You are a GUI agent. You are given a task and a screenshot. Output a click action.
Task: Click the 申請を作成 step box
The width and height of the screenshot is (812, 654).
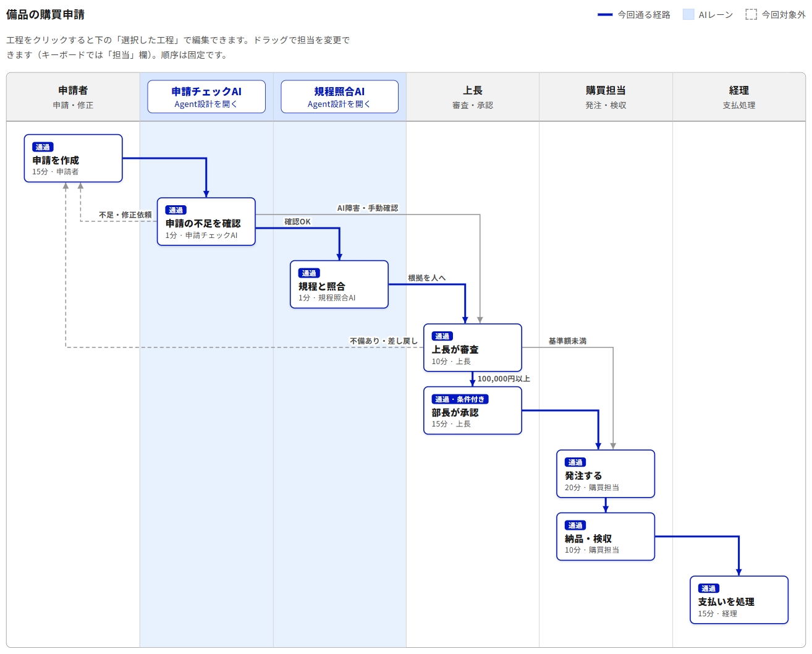[73, 158]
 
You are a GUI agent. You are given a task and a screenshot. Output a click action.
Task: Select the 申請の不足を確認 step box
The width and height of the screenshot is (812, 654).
[206, 221]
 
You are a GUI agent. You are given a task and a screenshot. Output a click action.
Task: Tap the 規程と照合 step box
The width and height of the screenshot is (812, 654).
[339, 284]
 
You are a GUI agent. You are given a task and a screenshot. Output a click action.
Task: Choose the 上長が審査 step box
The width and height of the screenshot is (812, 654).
[472, 347]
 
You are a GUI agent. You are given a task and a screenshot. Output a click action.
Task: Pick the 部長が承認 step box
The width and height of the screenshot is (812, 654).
[472, 410]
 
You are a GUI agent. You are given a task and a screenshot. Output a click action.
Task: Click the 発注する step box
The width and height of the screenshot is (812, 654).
[606, 474]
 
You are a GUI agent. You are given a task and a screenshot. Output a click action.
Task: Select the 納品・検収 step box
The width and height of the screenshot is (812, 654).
[606, 537]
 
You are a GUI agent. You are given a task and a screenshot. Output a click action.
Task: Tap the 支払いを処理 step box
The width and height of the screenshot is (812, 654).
[739, 600]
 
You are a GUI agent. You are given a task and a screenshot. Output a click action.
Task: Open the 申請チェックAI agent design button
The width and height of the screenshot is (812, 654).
[206, 96]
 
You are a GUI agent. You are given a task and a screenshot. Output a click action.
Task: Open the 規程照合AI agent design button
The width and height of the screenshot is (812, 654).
[340, 96]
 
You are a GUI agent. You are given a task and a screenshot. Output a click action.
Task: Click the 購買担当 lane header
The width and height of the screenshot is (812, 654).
[606, 97]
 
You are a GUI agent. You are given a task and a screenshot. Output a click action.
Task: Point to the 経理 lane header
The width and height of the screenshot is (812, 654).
[739, 97]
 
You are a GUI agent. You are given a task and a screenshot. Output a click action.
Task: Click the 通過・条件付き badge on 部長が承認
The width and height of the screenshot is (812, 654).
[460, 399]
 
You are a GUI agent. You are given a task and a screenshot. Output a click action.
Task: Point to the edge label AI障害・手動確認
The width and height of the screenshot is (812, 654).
[368, 208]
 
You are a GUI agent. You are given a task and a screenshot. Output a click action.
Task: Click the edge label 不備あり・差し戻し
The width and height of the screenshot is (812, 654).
[384, 341]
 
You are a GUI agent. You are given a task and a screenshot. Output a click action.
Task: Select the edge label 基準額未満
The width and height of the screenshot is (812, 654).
[567, 341]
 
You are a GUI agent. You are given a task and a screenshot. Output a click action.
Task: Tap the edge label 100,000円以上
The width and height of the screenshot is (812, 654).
[504, 378]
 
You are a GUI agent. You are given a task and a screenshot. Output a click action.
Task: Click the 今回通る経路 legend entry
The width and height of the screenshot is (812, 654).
[633, 15]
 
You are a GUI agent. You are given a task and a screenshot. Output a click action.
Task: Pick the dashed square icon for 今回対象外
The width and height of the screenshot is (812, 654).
[751, 15]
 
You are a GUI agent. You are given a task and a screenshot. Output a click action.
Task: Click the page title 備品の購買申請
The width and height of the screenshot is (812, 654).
[45, 14]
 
